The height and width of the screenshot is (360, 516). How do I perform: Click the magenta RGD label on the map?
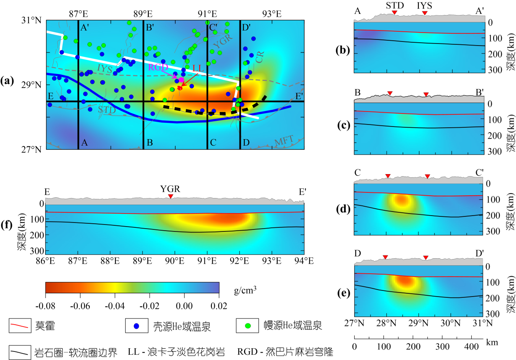pyautogui.click(x=158, y=68)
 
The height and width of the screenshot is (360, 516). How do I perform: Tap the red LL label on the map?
pyautogui.click(x=198, y=68)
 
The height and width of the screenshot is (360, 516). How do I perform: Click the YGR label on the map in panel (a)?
pyautogui.click(x=222, y=41)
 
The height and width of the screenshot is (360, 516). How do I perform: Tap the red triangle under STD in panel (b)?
pyautogui.click(x=394, y=13)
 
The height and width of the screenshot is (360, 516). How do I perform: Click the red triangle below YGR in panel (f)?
pyautogui.click(x=170, y=197)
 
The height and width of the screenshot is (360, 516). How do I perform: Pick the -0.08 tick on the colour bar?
pyautogui.click(x=46, y=305)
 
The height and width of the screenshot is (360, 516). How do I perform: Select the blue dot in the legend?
pyautogui.click(x=137, y=326)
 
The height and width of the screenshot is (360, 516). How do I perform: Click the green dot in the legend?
pyautogui.click(x=248, y=326)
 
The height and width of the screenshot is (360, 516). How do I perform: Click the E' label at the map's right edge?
pyautogui.click(x=299, y=96)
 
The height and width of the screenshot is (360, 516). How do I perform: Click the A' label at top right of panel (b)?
pyautogui.click(x=479, y=11)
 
